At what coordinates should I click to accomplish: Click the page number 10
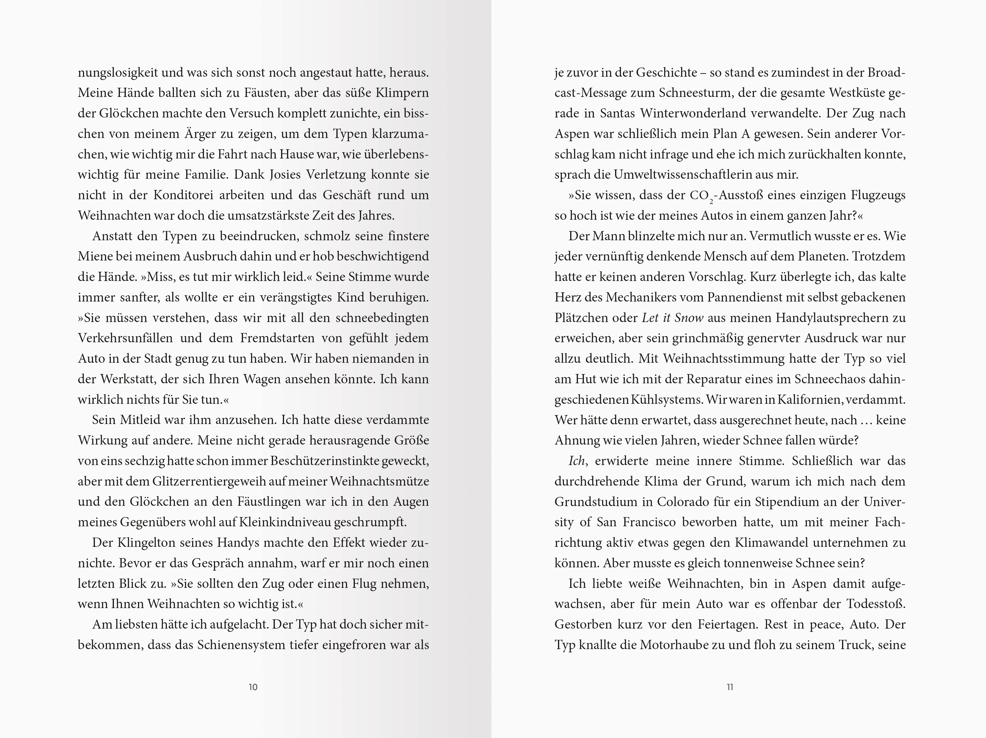click(x=253, y=687)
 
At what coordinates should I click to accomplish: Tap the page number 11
click(x=730, y=687)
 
